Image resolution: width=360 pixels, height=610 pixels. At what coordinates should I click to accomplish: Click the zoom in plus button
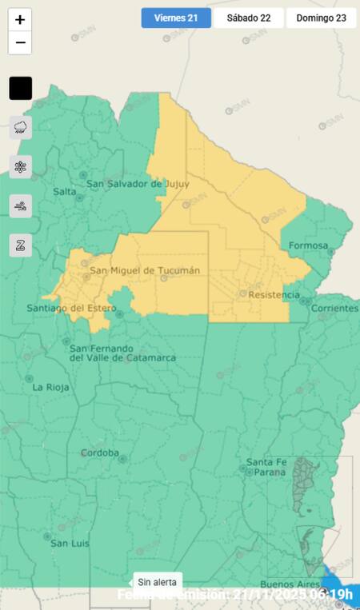(x=20, y=20)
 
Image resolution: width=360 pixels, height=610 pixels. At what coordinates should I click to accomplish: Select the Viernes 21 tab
(x=176, y=18)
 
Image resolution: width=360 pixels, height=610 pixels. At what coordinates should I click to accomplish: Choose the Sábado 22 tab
(x=248, y=18)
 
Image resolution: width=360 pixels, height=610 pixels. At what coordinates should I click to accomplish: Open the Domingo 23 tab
(x=321, y=18)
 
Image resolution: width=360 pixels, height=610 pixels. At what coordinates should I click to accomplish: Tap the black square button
(x=21, y=88)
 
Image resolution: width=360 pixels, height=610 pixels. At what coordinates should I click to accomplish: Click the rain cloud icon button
(x=21, y=127)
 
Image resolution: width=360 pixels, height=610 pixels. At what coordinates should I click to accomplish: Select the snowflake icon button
(x=21, y=166)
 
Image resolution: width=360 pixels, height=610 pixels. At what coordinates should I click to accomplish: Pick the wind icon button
(x=21, y=205)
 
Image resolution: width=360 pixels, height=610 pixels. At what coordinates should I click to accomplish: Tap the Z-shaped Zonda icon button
(x=21, y=245)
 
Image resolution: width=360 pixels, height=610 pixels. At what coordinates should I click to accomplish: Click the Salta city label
(x=65, y=192)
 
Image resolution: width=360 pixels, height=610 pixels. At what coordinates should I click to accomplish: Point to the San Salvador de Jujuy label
(x=138, y=184)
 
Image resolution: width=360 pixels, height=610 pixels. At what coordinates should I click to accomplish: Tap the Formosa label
(x=308, y=245)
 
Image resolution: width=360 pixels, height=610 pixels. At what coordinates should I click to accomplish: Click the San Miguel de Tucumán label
(x=144, y=270)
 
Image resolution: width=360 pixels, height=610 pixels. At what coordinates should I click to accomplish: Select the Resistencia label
(x=274, y=295)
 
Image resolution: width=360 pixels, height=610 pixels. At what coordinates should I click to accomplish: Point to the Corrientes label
(x=334, y=308)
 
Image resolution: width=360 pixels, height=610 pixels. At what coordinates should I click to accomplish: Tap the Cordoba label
(x=99, y=453)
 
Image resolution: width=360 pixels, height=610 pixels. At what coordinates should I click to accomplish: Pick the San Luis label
(x=70, y=544)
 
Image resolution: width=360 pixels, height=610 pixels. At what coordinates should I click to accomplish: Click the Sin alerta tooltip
(x=158, y=582)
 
